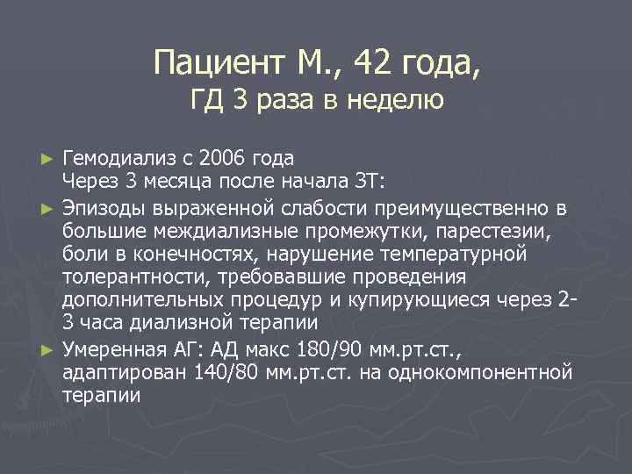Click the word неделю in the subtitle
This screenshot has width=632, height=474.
[395, 102]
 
